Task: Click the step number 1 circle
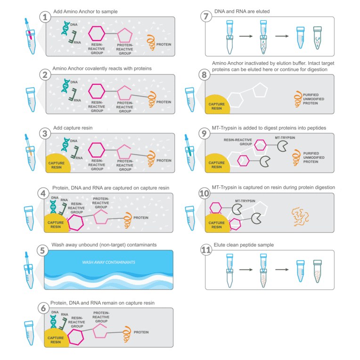[45, 17]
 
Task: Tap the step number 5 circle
[45, 250]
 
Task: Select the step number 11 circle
[205, 250]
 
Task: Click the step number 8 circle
[205, 75]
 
